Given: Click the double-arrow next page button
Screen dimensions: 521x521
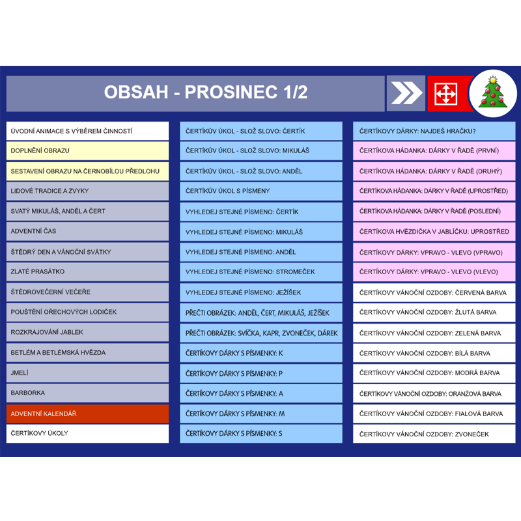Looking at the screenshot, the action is coord(406,93).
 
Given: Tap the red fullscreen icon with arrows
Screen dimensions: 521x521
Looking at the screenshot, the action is coord(446,94).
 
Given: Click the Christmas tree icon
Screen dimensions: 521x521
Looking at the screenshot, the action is coord(493,93).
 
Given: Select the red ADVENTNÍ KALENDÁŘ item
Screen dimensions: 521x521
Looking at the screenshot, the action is coord(87,414).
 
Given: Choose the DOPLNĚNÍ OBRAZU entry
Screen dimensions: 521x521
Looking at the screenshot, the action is coord(87,151).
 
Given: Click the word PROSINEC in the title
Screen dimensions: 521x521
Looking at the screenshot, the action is coord(231,92).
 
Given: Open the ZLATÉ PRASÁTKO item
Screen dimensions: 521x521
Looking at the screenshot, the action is coord(87,272).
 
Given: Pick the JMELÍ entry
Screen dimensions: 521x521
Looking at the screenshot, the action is coord(87,373).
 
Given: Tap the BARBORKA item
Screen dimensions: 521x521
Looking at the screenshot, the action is coord(87,393).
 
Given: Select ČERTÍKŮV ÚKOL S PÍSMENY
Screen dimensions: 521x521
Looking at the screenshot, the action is coord(261,191).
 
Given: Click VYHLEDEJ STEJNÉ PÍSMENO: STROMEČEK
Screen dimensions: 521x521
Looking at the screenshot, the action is coord(261,272).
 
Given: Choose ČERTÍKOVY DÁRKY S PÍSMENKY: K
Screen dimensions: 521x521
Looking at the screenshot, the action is coord(261,353).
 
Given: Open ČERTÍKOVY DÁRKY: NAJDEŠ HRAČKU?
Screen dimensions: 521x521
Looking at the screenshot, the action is coord(434,131).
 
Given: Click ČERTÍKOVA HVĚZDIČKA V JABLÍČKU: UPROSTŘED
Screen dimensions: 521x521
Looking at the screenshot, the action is coord(434,232).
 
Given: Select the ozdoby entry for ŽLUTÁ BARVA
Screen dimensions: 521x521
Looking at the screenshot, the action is coord(434,313).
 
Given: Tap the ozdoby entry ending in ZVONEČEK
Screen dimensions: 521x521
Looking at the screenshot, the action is coord(434,434).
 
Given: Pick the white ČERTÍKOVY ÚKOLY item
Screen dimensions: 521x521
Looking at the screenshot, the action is coord(87,434).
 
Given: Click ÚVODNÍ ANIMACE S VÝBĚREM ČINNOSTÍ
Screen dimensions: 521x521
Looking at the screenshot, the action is coord(87,131).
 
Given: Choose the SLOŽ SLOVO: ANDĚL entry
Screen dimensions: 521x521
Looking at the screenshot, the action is coord(261,171).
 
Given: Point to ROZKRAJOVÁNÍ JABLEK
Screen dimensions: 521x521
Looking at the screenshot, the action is coord(87,332).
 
